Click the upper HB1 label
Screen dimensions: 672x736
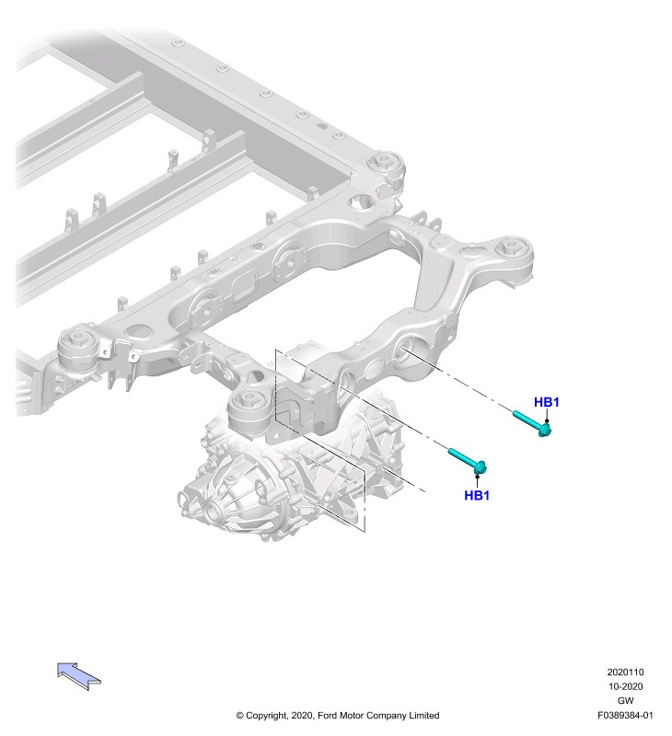[546, 402]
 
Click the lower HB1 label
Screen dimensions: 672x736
[477, 495]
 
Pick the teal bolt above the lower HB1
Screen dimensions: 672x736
[468, 462]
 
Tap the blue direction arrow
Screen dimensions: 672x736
[78, 676]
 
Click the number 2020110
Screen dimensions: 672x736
[625, 673]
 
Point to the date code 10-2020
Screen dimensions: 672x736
[625, 686]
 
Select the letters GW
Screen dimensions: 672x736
[625, 700]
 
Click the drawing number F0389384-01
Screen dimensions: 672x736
[625, 716]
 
